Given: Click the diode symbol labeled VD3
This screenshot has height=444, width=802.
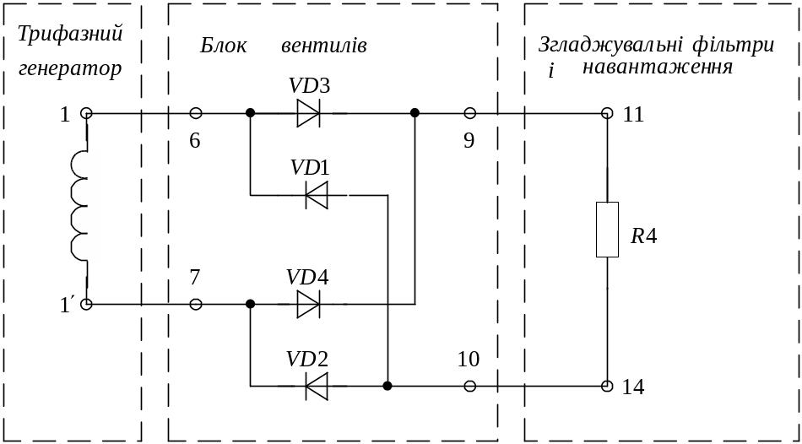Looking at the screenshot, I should coord(308,113).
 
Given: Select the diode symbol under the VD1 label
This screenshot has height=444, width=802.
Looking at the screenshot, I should coord(317,196).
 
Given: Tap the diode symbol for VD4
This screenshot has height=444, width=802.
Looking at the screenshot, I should coord(308,304).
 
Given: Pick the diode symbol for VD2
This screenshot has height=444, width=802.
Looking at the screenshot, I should coord(317,387).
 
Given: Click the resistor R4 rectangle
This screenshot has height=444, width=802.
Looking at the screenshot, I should coord(607,230).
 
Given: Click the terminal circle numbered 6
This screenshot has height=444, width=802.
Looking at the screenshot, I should coord(196,113).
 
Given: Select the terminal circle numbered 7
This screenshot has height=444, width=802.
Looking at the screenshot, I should coord(196,304).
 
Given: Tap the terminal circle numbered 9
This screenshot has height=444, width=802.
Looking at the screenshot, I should coord(470,113).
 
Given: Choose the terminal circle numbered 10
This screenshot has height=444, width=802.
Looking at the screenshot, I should coord(470,387).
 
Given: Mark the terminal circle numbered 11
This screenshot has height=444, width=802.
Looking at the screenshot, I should coord(607,113).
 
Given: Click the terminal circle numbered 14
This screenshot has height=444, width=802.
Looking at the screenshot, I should coord(607,387).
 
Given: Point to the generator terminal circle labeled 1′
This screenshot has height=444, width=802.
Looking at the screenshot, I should coord(86,304).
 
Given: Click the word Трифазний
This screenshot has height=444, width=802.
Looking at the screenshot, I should coord(71,35).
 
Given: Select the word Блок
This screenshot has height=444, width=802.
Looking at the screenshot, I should coord(223,46).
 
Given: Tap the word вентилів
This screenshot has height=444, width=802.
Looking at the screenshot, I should coord(324,46).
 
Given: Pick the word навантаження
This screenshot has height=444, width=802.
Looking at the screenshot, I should coord(657,67).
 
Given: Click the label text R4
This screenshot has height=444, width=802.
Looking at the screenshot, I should coord(643,236).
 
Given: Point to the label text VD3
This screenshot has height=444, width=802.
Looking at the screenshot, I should coord(309,86).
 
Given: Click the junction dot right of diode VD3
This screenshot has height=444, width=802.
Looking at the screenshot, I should coord(415,113).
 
